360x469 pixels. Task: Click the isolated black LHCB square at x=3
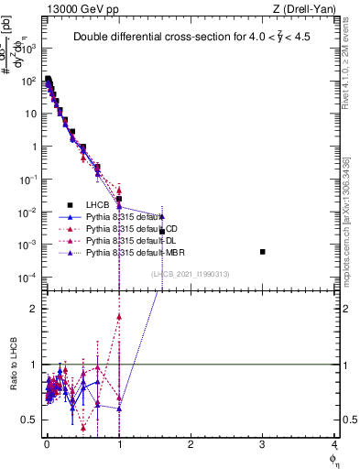coord(263,251)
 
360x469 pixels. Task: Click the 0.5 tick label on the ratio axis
coord(35,420)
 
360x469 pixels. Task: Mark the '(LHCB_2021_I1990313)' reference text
coord(189,274)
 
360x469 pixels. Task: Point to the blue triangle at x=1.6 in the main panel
coord(162,217)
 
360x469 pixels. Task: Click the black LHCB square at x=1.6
coord(162,231)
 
